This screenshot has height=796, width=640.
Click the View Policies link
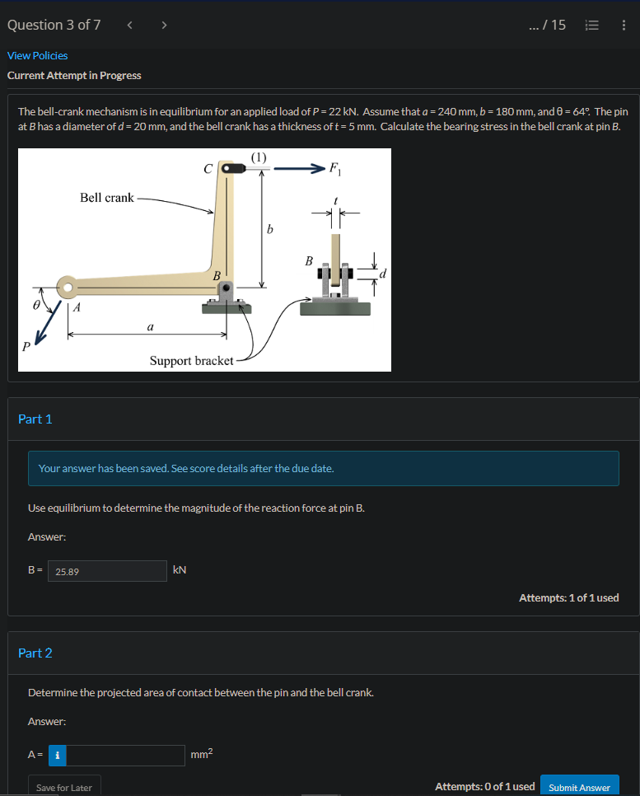[38, 55]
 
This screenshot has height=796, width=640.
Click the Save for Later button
[64, 787]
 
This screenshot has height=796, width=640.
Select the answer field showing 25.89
[108, 570]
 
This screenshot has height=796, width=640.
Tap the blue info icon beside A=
[57, 755]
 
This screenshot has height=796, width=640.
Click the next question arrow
[164, 25]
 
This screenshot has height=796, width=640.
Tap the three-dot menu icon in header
[624, 25]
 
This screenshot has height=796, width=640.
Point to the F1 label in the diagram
[334, 171]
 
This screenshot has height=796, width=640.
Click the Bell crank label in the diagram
[106, 198]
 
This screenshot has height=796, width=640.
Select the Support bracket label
[191, 361]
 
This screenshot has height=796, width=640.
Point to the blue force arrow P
[46, 325]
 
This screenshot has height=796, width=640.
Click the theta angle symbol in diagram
[35, 304]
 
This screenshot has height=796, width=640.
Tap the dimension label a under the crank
[149, 327]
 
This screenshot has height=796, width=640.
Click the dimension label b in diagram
[269, 228]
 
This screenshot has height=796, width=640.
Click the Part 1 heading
[35, 419]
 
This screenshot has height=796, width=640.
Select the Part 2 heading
[35, 653]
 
